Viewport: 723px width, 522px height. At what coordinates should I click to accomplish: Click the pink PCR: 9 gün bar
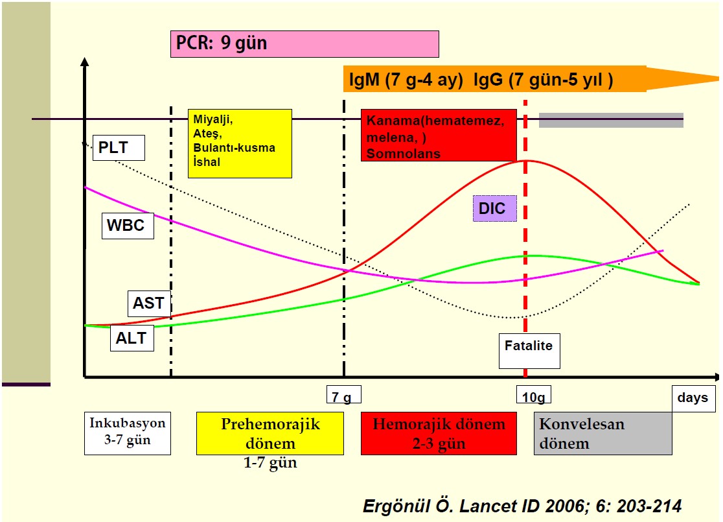304,44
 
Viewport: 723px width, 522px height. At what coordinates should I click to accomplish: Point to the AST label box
148,303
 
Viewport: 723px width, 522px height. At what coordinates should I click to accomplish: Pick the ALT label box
132,338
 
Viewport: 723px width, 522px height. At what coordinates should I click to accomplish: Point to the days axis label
693,397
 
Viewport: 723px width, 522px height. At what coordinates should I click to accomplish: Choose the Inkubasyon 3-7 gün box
127,433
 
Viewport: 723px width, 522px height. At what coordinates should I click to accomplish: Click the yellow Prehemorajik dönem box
270,433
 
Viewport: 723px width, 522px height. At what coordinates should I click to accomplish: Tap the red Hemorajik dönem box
439,433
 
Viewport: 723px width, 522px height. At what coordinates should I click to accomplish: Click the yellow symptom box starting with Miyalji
240,143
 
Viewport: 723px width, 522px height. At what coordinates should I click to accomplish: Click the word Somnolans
403,154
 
